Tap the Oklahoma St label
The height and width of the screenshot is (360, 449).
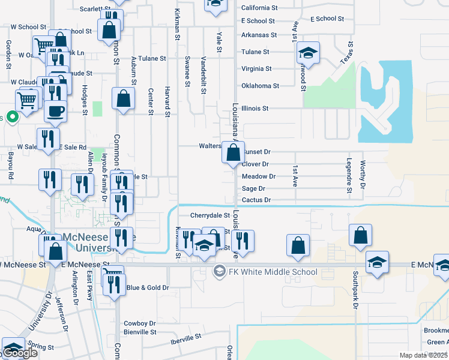(260, 86)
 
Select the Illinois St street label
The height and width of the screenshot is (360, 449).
(255, 109)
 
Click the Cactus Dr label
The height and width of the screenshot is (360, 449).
(256, 200)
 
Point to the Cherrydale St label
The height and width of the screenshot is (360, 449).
(210, 215)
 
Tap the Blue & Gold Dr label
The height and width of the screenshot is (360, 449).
(148, 288)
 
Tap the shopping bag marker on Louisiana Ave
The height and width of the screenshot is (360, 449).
(232, 153)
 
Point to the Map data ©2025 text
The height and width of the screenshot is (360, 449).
(424, 355)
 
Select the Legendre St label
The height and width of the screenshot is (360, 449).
(349, 176)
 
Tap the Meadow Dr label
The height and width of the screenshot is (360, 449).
(258, 176)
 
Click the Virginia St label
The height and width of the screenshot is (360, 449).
(256, 69)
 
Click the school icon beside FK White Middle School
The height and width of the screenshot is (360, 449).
(219, 272)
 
